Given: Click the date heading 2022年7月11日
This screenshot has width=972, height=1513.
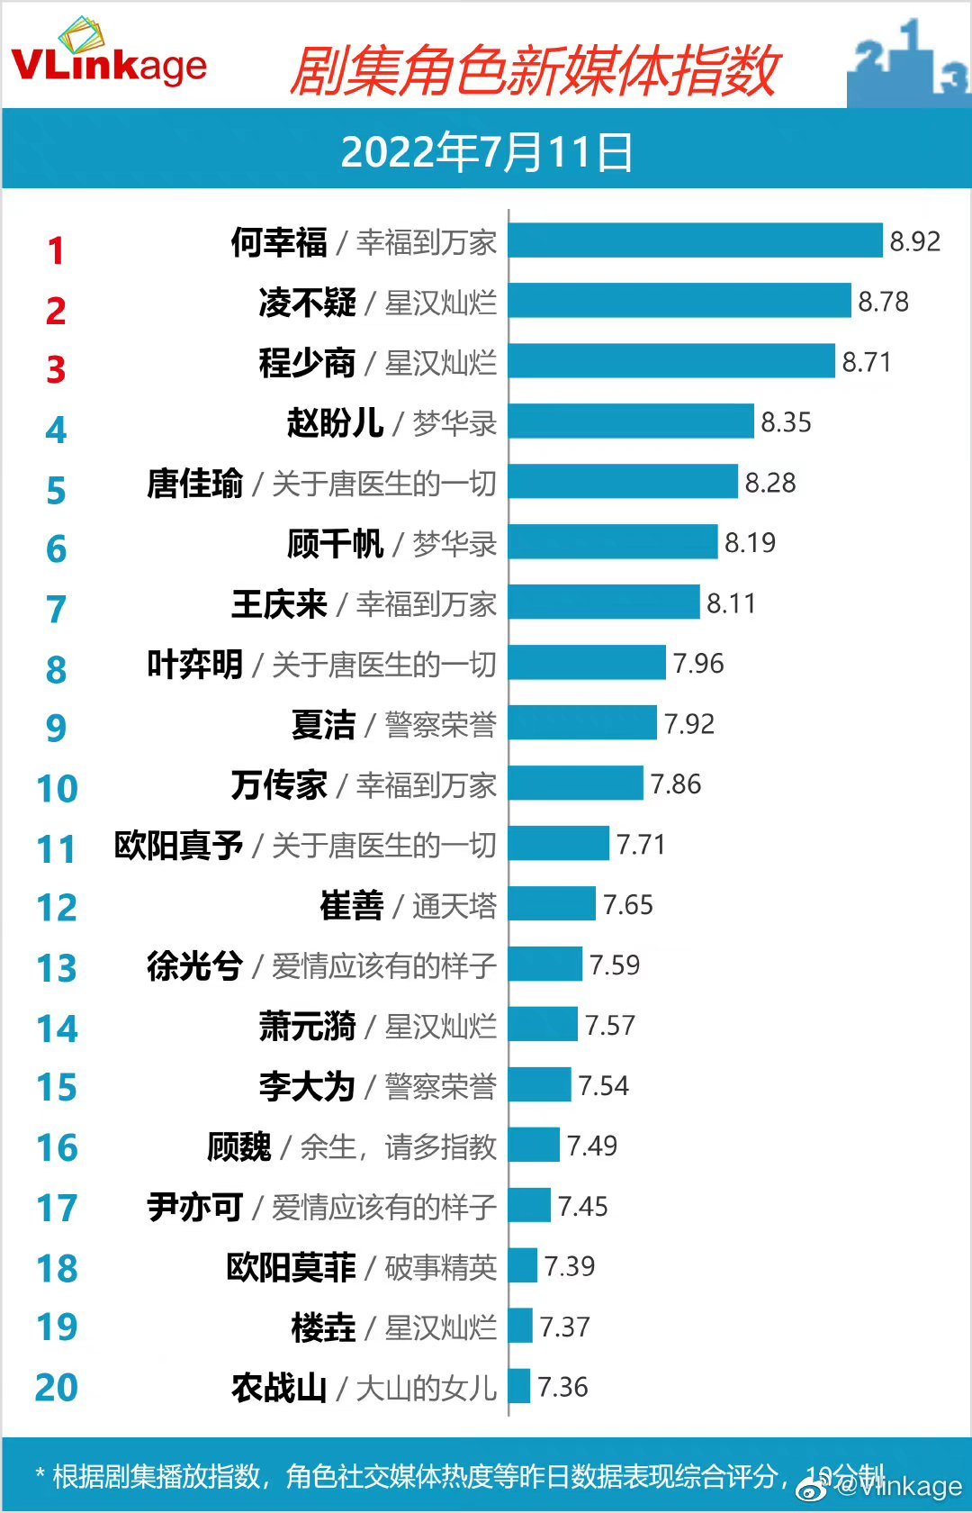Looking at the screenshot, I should (x=486, y=151).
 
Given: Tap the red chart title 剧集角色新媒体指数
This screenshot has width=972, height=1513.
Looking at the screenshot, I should (x=533, y=72).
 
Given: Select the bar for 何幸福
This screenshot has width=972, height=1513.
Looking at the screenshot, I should (x=695, y=240).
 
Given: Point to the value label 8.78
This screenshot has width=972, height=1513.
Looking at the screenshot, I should (x=883, y=302).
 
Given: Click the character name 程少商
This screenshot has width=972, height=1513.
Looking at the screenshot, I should (x=307, y=363).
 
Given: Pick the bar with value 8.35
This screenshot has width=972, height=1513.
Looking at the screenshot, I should (x=630, y=421).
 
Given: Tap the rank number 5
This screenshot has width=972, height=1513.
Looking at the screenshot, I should (x=56, y=491).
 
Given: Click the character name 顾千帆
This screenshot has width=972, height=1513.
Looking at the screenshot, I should (x=335, y=544).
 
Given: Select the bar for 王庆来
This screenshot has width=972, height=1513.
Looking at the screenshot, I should (x=603, y=602).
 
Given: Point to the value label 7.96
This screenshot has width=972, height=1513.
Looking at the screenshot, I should (x=698, y=664).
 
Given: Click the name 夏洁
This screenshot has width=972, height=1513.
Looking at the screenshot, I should (x=323, y=725).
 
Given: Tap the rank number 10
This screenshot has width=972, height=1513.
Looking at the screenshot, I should (x=57, y=789).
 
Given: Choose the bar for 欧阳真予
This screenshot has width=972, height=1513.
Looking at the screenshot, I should (x=558, y=844).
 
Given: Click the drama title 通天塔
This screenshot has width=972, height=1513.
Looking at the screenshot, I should (x=454, y=906).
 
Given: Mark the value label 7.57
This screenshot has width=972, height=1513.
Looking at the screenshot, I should (x=610, y=1025).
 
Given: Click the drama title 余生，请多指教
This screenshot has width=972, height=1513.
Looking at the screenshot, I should (x=398, y=1146).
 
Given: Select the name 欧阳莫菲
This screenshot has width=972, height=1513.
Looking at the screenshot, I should (x=291, y=1267).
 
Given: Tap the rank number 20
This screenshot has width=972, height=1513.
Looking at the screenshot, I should (x=57, y=1388).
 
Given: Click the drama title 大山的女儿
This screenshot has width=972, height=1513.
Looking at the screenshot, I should (x=426, y=1388).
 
